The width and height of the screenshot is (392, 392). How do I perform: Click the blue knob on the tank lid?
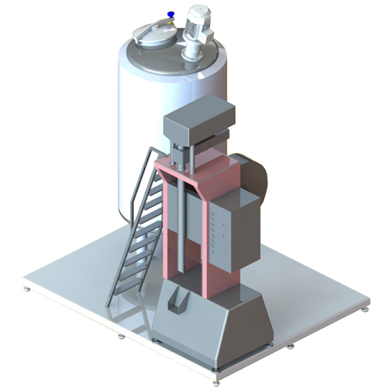click(x=171, y=15)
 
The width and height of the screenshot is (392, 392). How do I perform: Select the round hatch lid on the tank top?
click(x=152, y=34)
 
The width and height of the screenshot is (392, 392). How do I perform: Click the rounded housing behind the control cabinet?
click(x=256, y=176)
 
